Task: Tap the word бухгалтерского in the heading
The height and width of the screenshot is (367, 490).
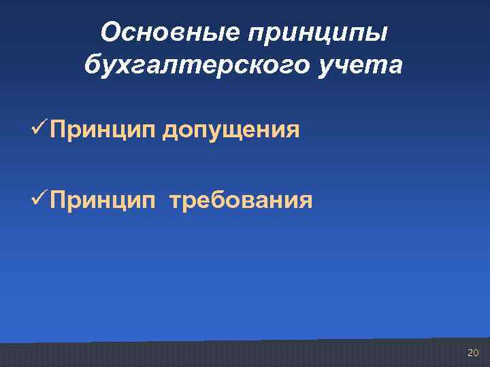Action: point(199,67)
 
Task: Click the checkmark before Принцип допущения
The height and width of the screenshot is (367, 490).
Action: point(57,127)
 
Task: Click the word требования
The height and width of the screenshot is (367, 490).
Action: point(241,201)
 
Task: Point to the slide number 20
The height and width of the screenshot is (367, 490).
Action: point(472,353)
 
